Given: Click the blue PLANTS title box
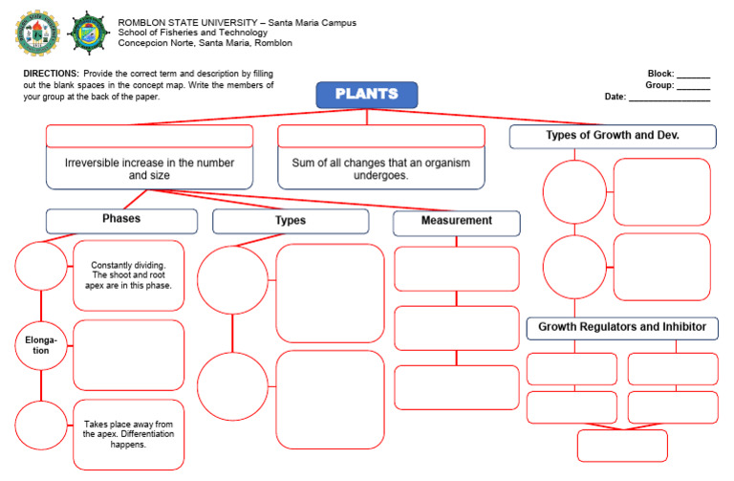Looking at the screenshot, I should click(x=367, y=95).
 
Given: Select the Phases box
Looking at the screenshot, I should click(x=121, y=220).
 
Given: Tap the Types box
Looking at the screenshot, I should click(x=291, y=221).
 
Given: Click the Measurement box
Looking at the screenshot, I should click(x=456, y=222).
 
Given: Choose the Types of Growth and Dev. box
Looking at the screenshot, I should click(x=612, y=136).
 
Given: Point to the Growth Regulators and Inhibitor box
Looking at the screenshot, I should click(x=622, y=328).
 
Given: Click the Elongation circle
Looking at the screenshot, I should click(x=40, y=345).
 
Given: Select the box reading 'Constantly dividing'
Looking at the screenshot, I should click(x=128, y=275).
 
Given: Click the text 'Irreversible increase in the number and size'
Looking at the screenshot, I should click(x=149, y=169).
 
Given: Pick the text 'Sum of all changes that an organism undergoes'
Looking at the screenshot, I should click(x=380, y=169).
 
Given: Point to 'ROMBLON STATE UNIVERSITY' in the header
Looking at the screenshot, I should click(x=178, y=22).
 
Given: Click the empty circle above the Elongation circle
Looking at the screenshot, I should click(x=40, y=265).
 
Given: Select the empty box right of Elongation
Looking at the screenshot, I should click(x=128, y=355).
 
